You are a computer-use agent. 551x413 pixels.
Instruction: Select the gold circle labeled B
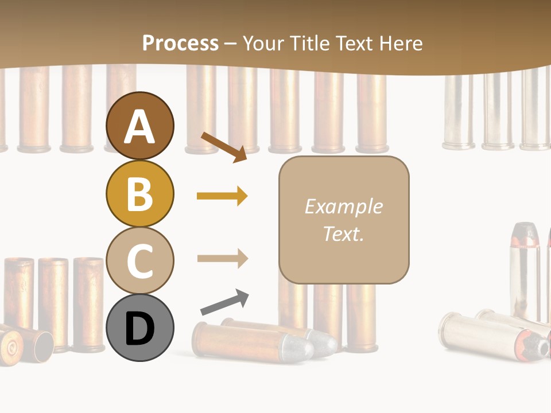pyautogui.click(x=139, y=193)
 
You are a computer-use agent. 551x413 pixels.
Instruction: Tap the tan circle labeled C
pyautogui.click(x=139, y=260)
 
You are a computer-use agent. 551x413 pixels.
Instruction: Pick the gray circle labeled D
pyautogui.click(x=139, y=328)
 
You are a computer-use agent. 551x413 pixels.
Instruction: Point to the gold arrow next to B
pyautogui.click(x=222, y=196)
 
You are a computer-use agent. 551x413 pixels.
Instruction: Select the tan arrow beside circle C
pyautogui.click(x=222, y=258)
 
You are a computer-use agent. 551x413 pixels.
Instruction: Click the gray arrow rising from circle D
pyautogui.click(x=225, y=302)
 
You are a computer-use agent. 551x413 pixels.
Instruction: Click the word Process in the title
pyautogui.click(x=180, y=43)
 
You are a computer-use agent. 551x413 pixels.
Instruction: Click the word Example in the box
pyautogui.click(x=343, y=206)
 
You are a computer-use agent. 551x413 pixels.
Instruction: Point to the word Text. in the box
pyautogui.click(x=343, y=233)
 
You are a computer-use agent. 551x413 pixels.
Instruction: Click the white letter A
pyautogui.click(x=139, y=127)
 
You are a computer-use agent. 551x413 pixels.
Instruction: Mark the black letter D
pyautogui.click(x=139, y=329)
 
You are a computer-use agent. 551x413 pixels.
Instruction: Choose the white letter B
pyautogui.click(x=139, y=194)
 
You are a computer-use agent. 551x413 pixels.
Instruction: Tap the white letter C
pyautogui.click(x=139, y=261)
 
